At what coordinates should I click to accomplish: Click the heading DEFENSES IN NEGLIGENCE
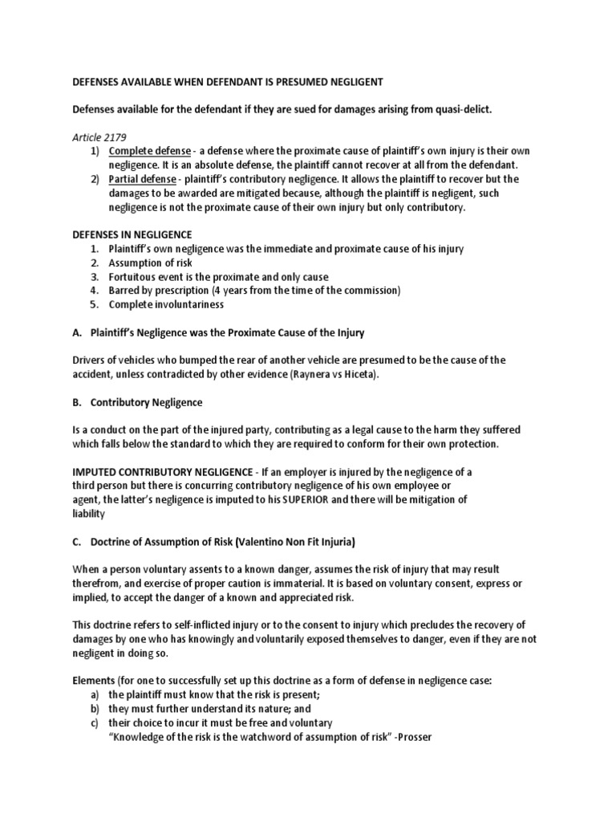click(132, 234)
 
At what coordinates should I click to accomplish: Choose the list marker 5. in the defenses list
click(94, 304)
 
